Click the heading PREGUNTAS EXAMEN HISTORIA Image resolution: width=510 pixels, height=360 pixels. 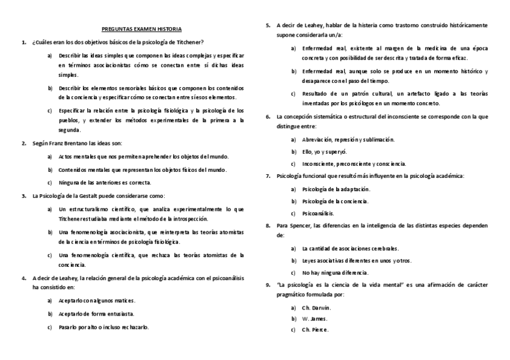click(141, 29)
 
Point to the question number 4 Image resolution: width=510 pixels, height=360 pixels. click(23, 278)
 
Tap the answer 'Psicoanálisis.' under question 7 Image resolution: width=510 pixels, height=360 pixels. click(319, 213)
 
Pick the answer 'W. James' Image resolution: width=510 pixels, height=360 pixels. click(315, 319)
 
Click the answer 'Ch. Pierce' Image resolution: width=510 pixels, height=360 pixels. click(316, 330)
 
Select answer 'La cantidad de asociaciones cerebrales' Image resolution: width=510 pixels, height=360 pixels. click(351, 248)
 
